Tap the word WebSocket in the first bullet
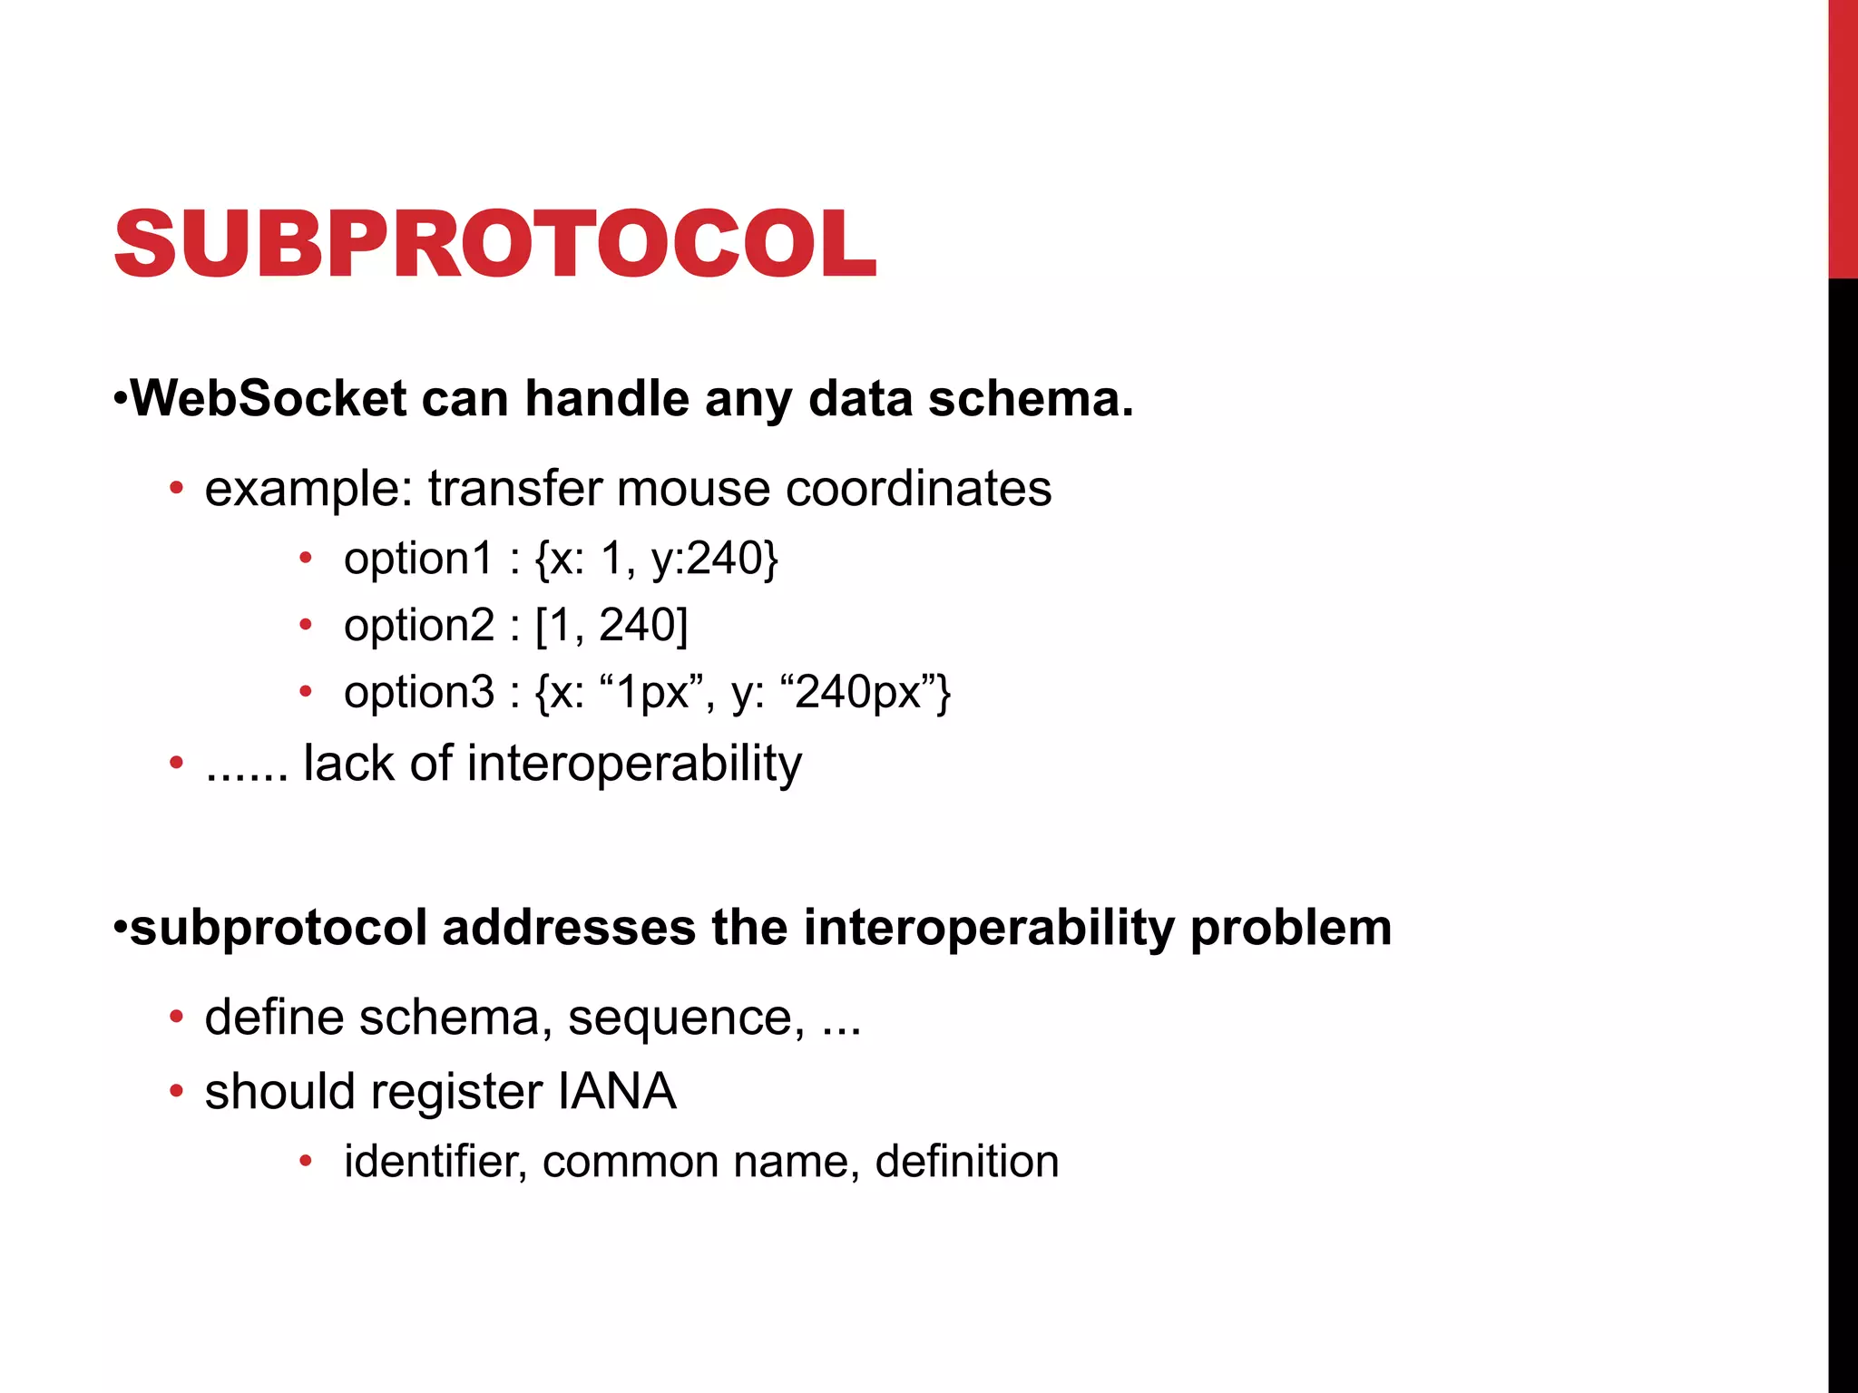pyautogui.click(x=269, y=398)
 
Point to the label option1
pyautogui.click(x=417, y=558)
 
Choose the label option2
pyautogui.click(x=417, y=625)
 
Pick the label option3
pyautogui.click(x=417, y=692)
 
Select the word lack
pyautogui.click(x=348, y=763)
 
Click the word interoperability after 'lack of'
pyautogui.click(x=634, y=765)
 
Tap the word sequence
pyautogui.click(x=685, y=1018)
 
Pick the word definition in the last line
pyautogui.click(x=967, y=1161)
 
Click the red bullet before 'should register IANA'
pyautogui.click(x=176, y=1090)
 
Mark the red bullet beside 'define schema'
pyautogui.click(x=176, y=1017)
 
